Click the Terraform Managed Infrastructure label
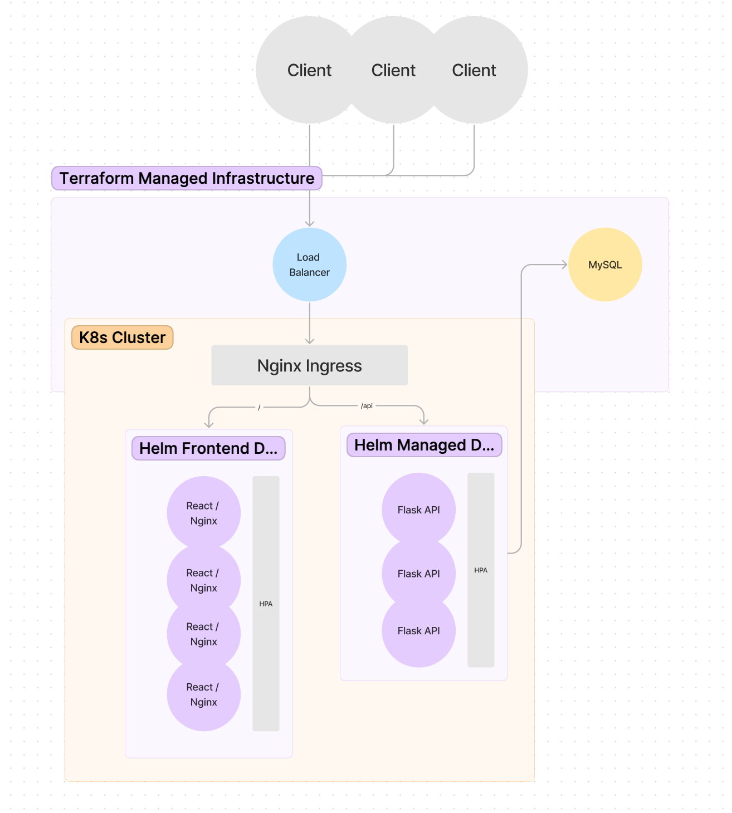pos(187,178)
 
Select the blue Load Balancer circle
pos(309,265)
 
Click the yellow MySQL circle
pos(605,265)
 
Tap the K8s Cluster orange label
pos(123,337)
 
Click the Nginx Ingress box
pos(309,365)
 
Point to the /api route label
pos(367,406)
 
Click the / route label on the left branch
pos(259,408)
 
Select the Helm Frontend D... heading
pos(208,448)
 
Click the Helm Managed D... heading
pos(424,445)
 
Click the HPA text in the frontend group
pos(266,604)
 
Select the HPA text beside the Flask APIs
pos(481,570)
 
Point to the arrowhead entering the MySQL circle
pos(564,265)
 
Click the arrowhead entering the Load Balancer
pos(310,223)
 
